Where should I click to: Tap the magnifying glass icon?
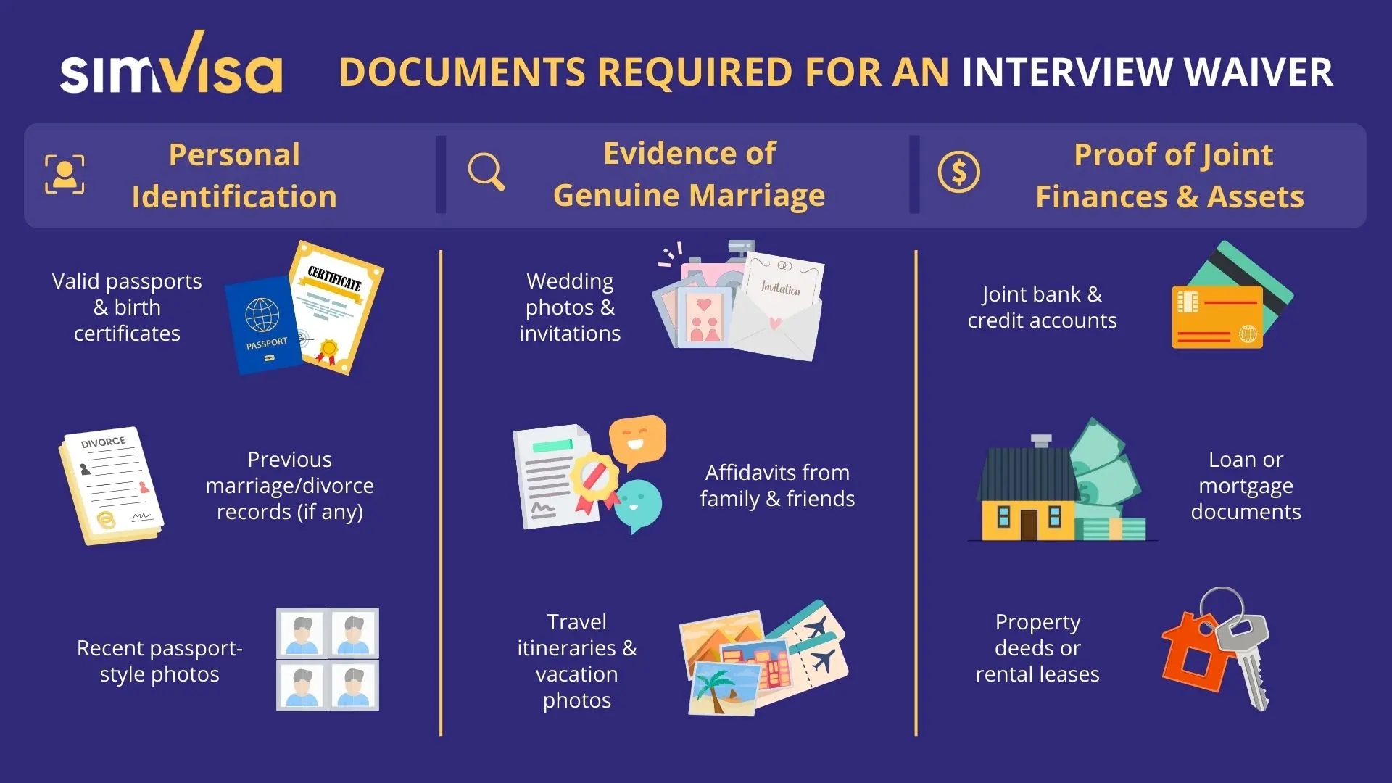tap(486, 172)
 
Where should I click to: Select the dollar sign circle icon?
tap(958, 173)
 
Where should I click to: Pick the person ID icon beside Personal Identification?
tap(65, 174)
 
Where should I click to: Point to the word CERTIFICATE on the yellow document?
tap(334, 278)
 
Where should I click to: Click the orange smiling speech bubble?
tap(637, 439)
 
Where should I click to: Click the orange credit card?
tap(1217, 318)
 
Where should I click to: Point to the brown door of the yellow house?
tap(1029, 523)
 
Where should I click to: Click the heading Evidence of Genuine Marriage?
tap(689, 175)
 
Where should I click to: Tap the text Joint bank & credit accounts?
tap(1042, 307)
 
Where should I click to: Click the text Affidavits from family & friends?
tap(777, 486)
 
